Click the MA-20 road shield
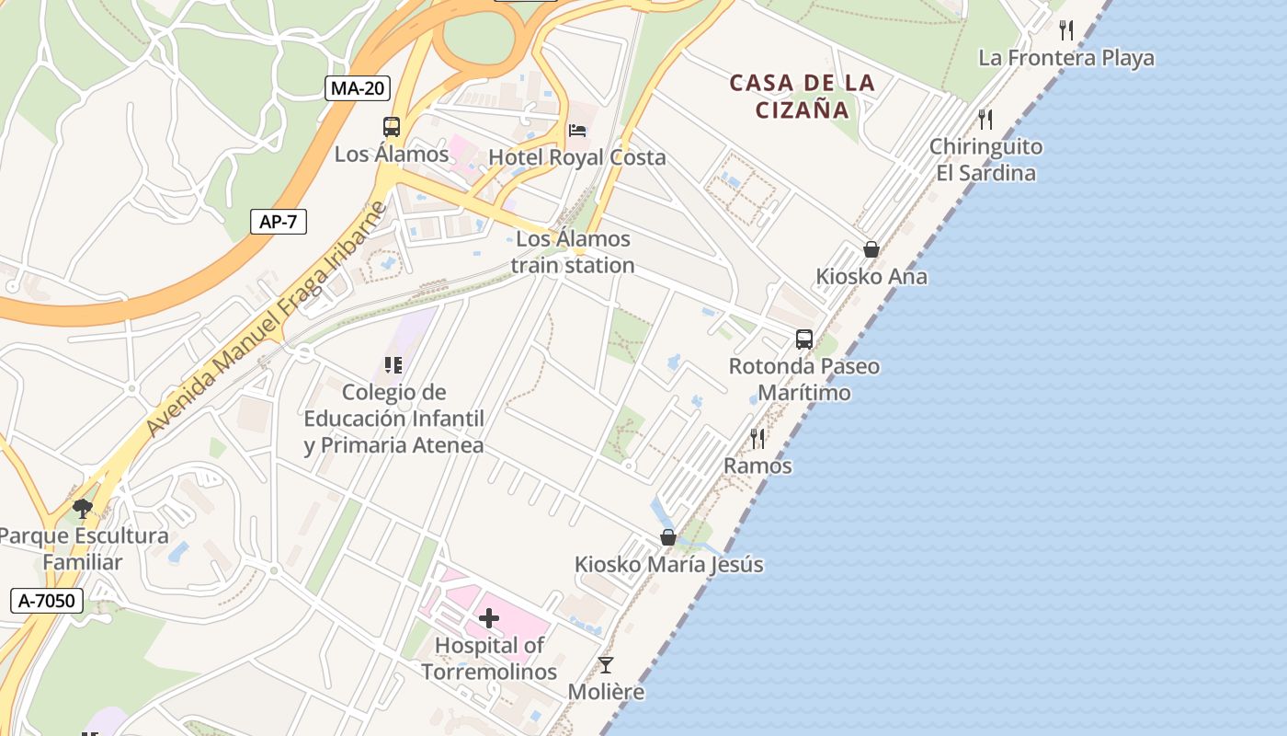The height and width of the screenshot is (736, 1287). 359,88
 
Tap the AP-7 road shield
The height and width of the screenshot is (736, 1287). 279,221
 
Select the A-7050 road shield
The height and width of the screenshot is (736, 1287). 47,601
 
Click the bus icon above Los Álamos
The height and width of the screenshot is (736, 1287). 392,127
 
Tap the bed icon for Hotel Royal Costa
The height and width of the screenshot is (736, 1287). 577,131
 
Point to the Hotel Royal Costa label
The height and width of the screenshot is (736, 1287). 577,157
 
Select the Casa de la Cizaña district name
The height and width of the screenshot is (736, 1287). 803,97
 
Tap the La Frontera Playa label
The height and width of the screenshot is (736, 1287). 1066,58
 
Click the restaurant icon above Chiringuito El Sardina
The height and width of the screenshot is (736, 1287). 985,120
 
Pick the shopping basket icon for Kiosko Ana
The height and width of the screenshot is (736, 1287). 871,249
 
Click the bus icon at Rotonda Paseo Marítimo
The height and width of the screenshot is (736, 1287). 804,339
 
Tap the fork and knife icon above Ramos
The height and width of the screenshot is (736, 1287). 757,439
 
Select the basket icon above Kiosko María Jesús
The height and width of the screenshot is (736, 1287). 668,537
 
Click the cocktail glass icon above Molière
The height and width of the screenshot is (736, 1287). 606,664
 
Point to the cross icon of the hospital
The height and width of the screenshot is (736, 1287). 489,618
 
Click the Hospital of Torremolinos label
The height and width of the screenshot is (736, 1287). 489,659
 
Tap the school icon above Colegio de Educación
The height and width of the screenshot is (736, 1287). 393,365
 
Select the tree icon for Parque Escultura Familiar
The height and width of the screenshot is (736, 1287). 83,508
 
